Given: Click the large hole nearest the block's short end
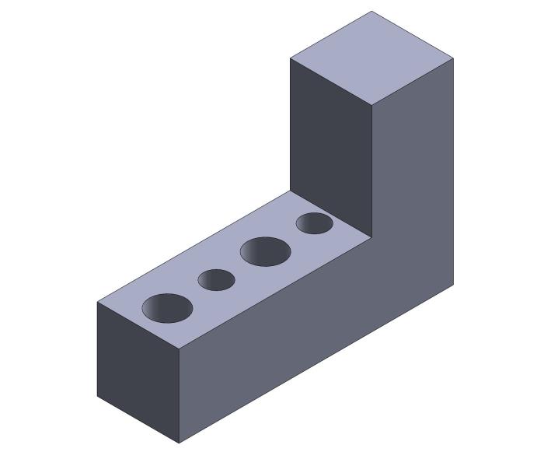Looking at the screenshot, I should coord(167,308).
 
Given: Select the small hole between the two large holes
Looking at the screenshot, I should coord(216,280).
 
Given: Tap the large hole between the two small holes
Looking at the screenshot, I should coord(265,252).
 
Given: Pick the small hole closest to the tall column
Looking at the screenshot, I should coord(315,223).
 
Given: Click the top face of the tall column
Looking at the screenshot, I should coord(371,57).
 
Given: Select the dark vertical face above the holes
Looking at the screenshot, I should coord(330,140).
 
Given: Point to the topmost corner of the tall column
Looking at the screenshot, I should coord(371,11).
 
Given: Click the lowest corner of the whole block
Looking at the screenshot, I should coord(180,443).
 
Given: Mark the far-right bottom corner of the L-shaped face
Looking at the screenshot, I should coord(453,286).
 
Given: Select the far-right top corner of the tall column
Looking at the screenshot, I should coord(453,58).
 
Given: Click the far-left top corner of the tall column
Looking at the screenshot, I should coord(290,58).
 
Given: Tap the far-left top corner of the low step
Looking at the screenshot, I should coord(97,302).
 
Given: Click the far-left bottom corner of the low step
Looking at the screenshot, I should coord(97,397).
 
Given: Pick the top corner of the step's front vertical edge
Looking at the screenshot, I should coord(180,349).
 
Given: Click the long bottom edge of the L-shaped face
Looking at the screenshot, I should coord(316,364).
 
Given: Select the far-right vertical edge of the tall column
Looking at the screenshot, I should coord(453,171).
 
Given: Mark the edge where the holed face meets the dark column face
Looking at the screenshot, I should coord(331,214).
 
